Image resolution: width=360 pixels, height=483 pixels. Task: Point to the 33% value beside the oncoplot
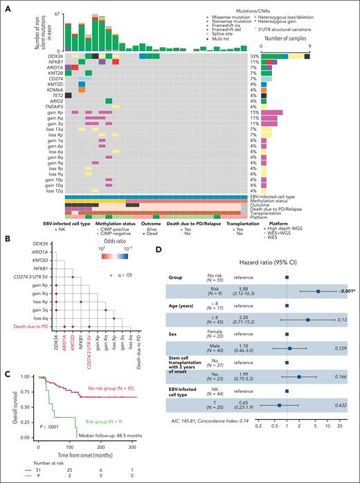coord(255,55)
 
